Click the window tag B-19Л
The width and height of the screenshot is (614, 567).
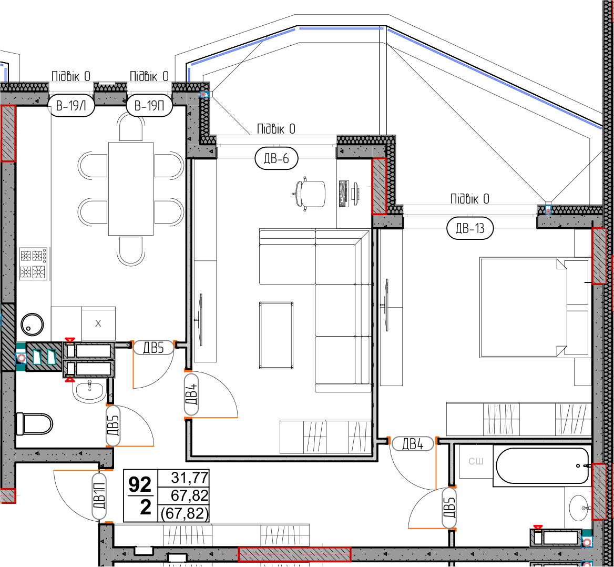(71, 106)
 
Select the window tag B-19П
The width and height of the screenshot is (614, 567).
(149, 106)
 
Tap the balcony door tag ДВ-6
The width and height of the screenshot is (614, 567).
(277, 158)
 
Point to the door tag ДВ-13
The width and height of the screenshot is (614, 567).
(470, 228)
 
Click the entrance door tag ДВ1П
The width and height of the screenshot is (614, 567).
(99, 496)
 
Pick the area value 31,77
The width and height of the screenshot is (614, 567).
(190, 478)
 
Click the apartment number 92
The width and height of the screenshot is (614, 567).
(140, 485)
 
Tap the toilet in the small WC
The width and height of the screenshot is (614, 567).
(34, 424)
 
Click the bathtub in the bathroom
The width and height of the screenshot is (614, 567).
(543, 466)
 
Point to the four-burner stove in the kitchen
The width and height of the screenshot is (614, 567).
(33, 264)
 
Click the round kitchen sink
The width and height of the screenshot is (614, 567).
(32, 325)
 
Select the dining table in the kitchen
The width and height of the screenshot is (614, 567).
(131, 188)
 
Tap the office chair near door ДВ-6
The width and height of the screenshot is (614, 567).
(309, 194)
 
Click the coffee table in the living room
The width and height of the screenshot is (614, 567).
(276, 336)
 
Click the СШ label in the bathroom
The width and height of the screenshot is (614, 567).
(476, 461)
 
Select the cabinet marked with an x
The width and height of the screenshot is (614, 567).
(98, 323)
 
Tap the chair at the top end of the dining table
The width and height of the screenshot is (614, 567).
(131, 127)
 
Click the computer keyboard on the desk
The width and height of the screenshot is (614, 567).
(344, 194)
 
